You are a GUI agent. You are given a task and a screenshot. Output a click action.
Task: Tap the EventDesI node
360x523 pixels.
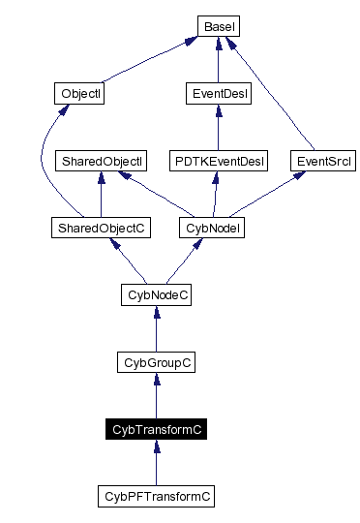tap(218, 94)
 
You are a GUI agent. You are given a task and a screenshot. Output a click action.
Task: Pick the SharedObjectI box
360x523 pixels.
tap(101, 160)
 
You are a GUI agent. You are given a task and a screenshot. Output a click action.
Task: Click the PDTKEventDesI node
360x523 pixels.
tap(218, 160)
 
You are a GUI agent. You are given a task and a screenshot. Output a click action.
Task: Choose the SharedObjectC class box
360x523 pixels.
tap(101, 228)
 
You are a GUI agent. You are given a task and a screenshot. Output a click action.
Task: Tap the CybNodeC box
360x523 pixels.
tap(156, 294)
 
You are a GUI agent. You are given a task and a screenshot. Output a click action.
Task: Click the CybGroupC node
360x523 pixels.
tap(156, 361)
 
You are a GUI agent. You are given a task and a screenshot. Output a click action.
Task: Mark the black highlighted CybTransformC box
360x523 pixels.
tap(156, 428)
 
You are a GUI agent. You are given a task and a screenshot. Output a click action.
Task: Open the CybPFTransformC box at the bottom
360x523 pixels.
tap(156, 496)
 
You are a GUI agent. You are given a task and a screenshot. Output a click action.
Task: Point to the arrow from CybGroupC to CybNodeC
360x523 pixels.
tap(156, 328)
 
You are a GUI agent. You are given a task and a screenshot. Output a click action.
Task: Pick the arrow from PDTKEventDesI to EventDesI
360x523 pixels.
tap(218, 127)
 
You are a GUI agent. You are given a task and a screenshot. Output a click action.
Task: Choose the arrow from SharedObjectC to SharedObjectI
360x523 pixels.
tap(101, 194)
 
